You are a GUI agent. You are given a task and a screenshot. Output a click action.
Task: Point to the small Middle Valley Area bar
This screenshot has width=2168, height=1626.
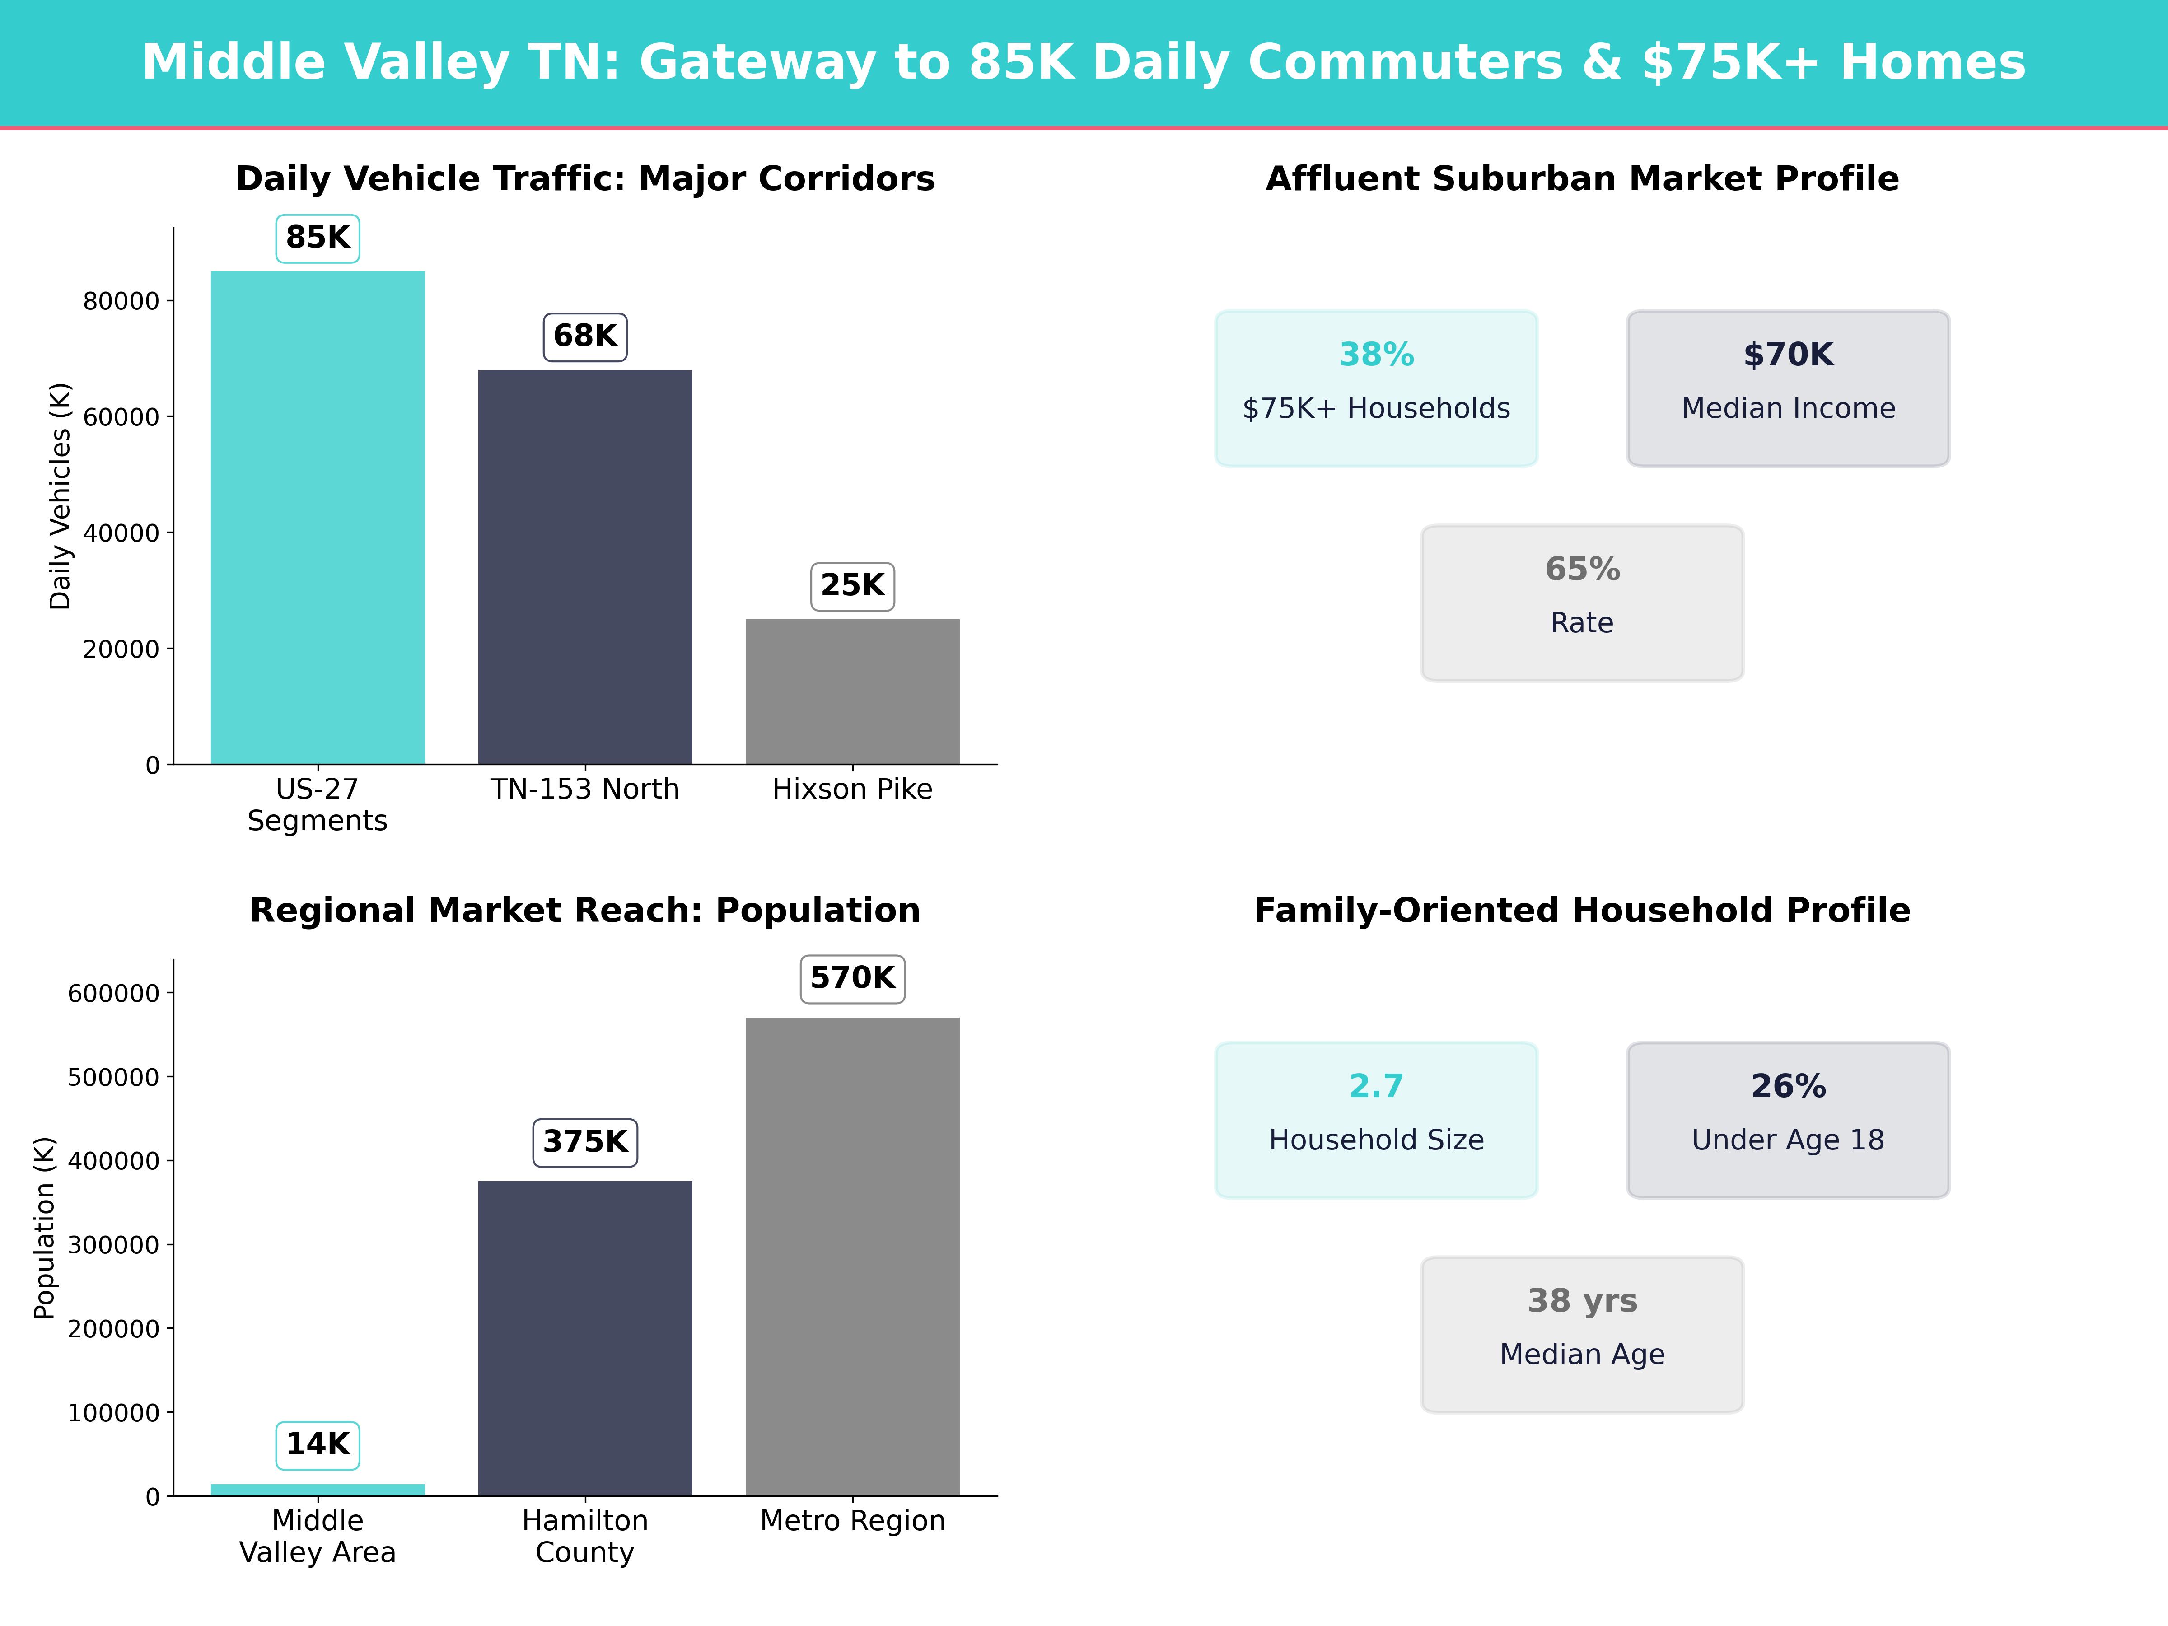(x=318, y=1490)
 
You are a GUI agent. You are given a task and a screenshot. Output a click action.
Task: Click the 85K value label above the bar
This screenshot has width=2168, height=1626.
(x=318, y=238)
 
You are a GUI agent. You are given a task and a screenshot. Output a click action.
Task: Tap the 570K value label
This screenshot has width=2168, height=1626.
(x=853, y=978)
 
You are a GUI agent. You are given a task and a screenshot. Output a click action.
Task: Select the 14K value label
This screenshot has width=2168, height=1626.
(x=318, y=1445)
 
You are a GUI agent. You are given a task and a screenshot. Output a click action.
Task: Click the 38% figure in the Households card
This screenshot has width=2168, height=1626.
(x=1376, y=355)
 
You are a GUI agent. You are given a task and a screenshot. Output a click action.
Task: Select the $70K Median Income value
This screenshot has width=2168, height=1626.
(x=1788, y=355)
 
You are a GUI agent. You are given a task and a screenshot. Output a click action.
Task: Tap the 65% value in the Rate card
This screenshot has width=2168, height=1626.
(x=1582, y=570)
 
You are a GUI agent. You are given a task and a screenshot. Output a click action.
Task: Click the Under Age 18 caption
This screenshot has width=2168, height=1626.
(x=1788, y=1140)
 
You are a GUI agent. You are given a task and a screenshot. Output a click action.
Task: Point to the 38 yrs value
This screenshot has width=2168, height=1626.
(x=1582, y=1301)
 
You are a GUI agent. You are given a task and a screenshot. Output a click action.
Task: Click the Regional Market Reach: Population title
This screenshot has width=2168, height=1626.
(x=585, y=911)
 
